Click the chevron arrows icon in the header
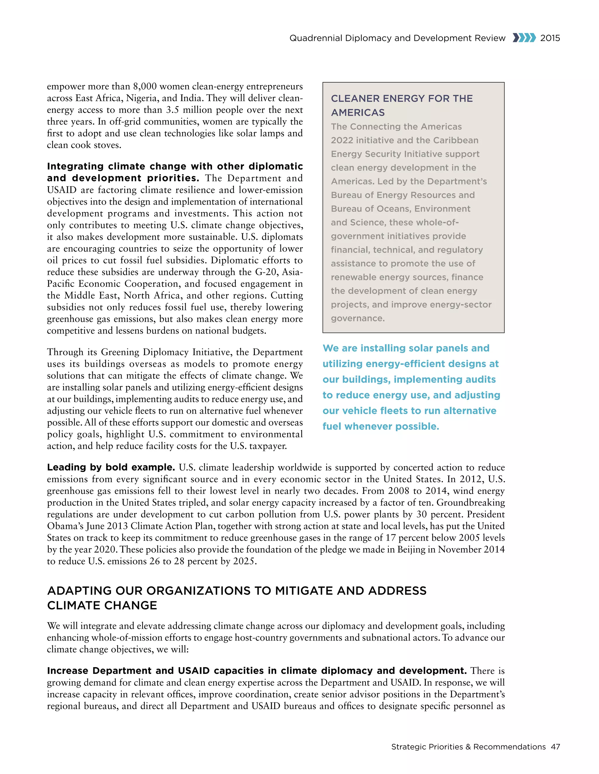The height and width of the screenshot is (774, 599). point(524,38)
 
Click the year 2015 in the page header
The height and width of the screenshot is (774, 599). point(550,38)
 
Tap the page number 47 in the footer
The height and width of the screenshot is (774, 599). point(555,747)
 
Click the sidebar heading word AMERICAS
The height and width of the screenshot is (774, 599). point(358,113)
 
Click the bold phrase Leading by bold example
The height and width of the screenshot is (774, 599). point(111,467)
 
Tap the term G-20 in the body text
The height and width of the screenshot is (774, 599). point(266,272)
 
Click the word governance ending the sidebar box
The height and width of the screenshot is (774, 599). point(358,318)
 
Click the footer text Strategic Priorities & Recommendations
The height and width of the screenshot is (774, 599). point(468,747)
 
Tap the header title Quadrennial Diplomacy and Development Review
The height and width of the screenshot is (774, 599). point(397,38)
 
